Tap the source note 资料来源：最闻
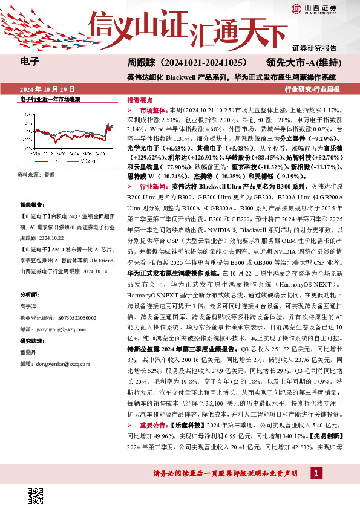point(37,174)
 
